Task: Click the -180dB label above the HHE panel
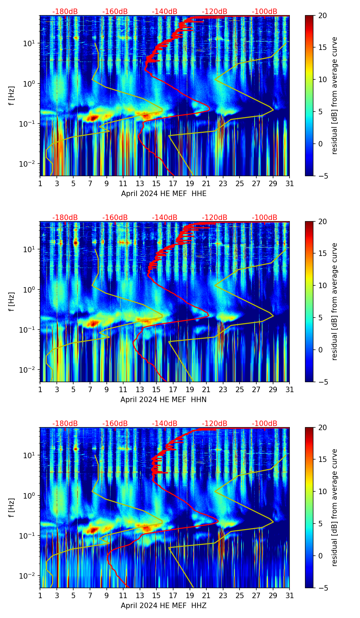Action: click(65, 12)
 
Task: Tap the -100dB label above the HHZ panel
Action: click(265, 424)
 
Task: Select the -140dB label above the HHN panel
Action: click(165, 218)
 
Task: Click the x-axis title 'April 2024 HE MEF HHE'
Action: click(164, 194)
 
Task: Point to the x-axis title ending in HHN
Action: click(164, 400)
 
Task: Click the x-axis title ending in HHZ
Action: click(164, 606)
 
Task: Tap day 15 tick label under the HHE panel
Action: click(156, 183)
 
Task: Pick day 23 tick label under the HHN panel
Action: click(223, 389)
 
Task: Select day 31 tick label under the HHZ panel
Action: click(290, 595)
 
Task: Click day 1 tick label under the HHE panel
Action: click(40, 183)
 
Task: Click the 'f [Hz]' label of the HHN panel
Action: click(12, 301)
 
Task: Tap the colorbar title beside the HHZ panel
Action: click(335, 507)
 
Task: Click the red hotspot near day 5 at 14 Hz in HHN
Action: click(76, 243)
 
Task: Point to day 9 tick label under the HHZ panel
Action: click(106, 595)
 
